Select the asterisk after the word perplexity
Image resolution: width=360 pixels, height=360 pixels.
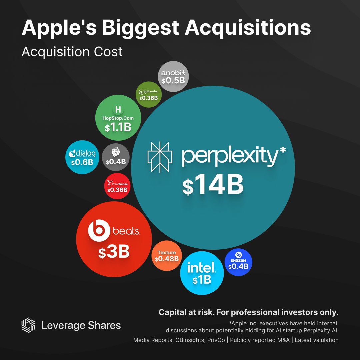[x=282, y=150]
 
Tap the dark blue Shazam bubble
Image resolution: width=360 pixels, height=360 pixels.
[x=239, y=262]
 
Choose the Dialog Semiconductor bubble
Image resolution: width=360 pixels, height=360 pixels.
[x=82, y=157]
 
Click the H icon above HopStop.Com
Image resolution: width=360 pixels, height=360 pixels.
[x=118, y=109]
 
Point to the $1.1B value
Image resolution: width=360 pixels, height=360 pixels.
[x=118, y=127]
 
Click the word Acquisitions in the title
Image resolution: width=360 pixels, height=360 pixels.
[x=248, y=28]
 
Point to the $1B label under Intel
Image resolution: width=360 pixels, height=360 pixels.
[x=202, y=280]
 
